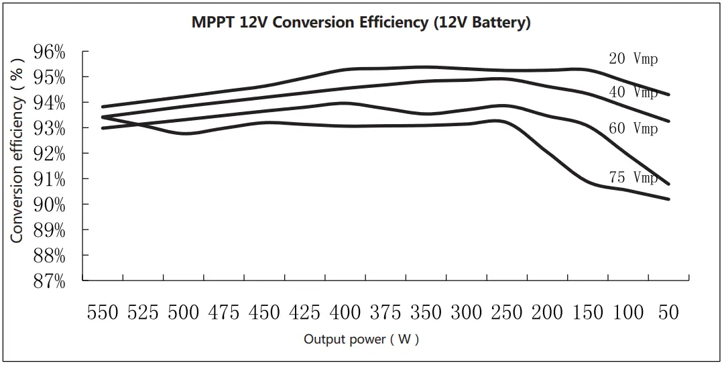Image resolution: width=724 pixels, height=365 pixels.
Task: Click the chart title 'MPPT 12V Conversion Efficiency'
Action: pyautogui.click(x=361, y=22)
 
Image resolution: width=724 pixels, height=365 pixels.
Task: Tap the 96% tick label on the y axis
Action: pyautogui.click(x=50, y=52)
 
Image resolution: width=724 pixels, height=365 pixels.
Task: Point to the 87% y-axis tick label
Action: pyautogui.click(x=50, y=282)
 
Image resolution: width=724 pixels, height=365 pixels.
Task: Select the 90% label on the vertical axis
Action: pyautogui.click(x=50, y=205)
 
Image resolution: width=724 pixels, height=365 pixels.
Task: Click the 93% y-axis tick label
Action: pyautogui.click(x=50, y=129)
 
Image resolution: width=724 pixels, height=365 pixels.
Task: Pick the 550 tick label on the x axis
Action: pyautogui.click(x=103, y=313)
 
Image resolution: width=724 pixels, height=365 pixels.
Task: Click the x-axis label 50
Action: pyautogui.click(x=668, y=313)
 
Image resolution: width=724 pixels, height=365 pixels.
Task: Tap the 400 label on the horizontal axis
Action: pyautogui.click(x=345, y=313)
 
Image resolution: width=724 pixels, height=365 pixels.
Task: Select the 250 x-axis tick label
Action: pyautogui.click(x=507, y=313)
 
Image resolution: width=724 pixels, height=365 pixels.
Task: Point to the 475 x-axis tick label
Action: pyautogui.click(x=224, y=313)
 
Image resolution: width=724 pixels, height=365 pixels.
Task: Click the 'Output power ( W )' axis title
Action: pyautogui.click(x=361, y=340)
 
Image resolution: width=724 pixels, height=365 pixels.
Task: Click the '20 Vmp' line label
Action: pyautogui.click(x=633, y=59)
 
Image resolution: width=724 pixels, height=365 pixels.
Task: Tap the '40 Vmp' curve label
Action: pyautogui.click(x=633, y=93)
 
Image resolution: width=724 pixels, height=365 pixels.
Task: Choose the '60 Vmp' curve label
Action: pyautogui.click(x=633, y=128)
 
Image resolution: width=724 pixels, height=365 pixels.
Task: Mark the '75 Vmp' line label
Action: pyautogui.click(x=633, y=178)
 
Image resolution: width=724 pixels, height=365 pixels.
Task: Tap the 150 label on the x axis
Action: pyautogui.click(x=588, y=313)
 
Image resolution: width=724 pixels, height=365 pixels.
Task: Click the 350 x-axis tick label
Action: pyautogui.click(x=426, y=313)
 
